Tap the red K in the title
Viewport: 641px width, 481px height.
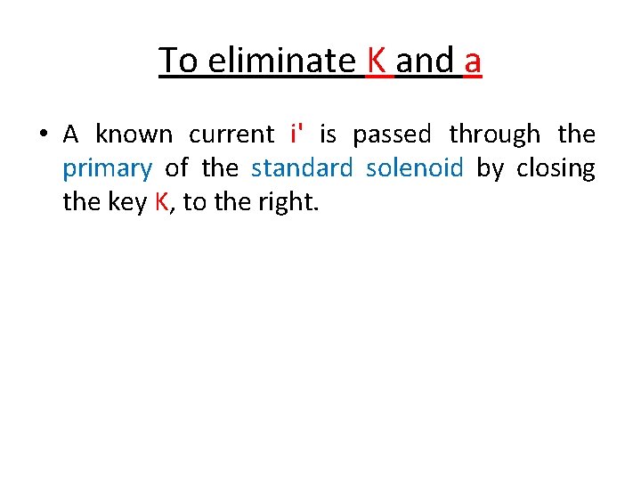tap(376, 61)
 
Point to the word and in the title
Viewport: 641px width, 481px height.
tap(425, 61)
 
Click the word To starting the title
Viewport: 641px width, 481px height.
tap(178, 61)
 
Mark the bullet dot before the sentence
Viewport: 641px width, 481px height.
tap(42, 135)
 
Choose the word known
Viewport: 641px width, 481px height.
tap(134, 135)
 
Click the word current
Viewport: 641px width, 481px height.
tap(232, 135)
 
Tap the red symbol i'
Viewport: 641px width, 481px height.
tap(296, 135)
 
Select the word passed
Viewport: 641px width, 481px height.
tap(392, 135)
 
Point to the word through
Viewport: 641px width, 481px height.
tap(494, 135)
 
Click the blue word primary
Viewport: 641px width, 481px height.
tap(107, 169)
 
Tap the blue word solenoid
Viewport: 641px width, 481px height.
tap(415, 167)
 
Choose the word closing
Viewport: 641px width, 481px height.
tap(556, 167)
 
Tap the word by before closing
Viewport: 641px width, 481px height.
tap(491, 168)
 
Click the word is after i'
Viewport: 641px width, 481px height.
tap(328, 135)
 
